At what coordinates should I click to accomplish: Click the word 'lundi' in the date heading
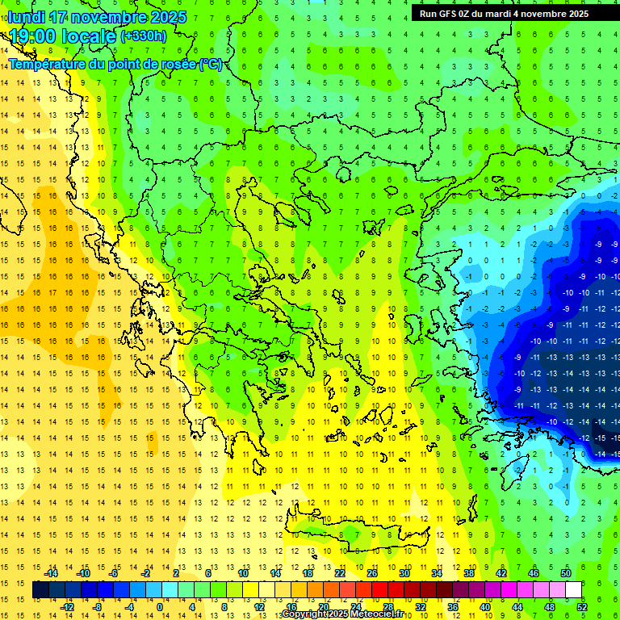tap(27, 17)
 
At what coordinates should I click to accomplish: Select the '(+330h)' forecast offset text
tap(144, 36)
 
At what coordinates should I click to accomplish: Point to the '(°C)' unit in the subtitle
tap(209, 64)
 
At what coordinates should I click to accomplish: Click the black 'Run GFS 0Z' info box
tap(504, 13)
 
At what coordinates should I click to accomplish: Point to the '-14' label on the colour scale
tap(52, 573)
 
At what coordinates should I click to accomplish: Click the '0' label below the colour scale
tap(159, 607)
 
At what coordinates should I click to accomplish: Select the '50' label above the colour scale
tap(566, 573)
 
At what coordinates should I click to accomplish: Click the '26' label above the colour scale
tap(372, 573)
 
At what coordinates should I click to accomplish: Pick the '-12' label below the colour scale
tap(67, 607)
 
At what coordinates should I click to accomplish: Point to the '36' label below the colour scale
tap(453, 607)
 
